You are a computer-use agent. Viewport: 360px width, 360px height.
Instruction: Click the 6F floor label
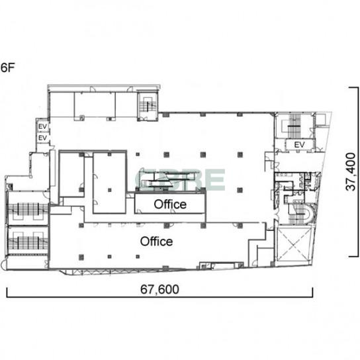pos(7,67)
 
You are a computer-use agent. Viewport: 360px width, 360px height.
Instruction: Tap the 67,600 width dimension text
pos(159,289)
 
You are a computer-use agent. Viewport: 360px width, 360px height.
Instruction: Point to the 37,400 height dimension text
pos(351,172)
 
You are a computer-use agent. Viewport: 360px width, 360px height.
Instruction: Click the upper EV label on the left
pos(42,126)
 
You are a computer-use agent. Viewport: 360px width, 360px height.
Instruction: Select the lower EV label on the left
pos(42,138)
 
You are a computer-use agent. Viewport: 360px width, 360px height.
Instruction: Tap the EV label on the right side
pos(299,145)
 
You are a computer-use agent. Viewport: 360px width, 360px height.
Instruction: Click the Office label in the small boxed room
pos(170,204)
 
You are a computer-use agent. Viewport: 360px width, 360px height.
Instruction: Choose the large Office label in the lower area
pos(156,242)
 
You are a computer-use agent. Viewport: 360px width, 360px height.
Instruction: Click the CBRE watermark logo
pos(180,180)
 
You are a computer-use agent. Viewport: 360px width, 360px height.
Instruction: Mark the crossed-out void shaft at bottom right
pos(294,244)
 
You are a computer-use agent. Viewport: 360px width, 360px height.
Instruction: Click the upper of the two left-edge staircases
pos(28,209)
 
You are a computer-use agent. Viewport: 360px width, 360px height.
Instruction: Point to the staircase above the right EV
pos(294,126)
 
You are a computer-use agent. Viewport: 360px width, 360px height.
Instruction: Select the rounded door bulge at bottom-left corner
pos(3,265)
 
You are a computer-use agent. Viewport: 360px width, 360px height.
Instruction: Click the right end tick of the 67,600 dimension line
pos(312,292)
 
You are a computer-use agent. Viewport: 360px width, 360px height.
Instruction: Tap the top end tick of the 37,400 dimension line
pos(353,87)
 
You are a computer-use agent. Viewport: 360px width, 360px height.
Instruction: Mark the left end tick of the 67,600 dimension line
pos(7,292)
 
